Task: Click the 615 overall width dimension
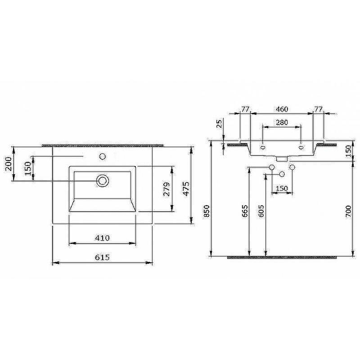coord(102,257)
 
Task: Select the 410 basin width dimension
coord(102,238)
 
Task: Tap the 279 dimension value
coord(166,189)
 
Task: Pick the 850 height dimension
coord(206,211)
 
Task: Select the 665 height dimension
coord(244,211)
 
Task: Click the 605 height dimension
coord(261,211)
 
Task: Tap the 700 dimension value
coord(348,211)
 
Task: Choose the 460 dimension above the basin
coord(282,109)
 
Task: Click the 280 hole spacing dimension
coord(282,122)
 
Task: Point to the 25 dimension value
coord(219,124)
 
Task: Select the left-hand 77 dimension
coord(245,109)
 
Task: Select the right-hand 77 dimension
coord(318,109)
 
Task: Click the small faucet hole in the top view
coord(102,157)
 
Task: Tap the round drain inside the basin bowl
coord(102,181)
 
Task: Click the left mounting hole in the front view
coord(263,146)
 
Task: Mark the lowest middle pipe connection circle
coord(282,174)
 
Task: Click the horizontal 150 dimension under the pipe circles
coord(282,189)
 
